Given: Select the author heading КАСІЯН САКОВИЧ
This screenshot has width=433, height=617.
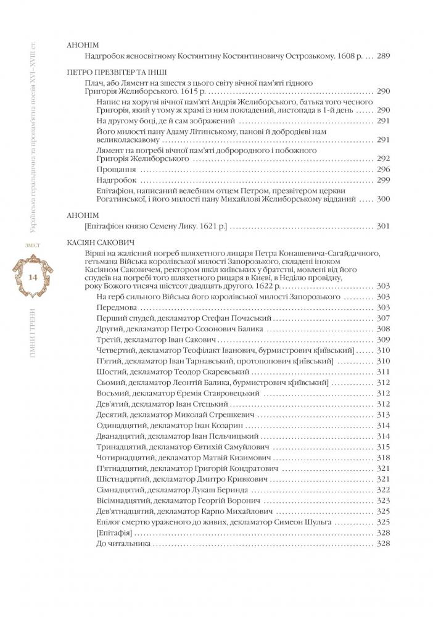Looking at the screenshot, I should point(100,242).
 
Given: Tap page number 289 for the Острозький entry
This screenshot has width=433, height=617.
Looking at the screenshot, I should point(382,56).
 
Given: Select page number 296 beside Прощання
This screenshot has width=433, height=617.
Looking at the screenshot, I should point(382,169).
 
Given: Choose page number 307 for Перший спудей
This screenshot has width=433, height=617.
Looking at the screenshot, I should point(382,318).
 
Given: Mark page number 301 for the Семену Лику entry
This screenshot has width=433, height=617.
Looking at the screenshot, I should point(382,226).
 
